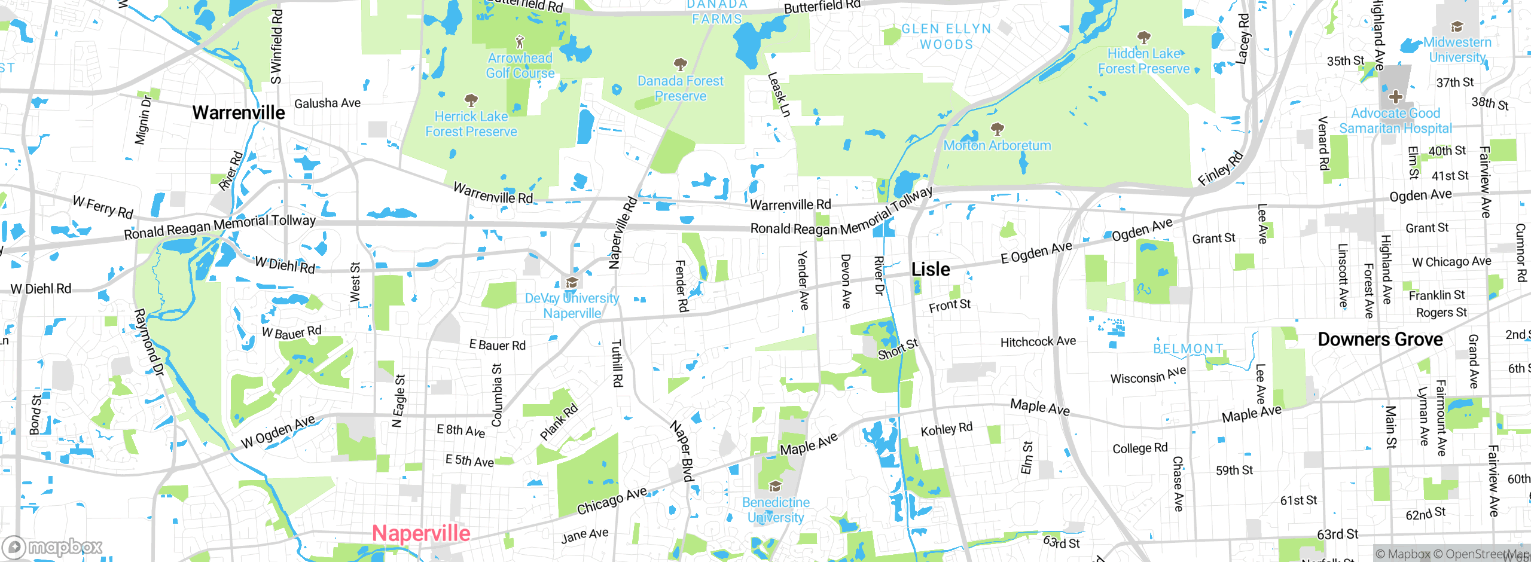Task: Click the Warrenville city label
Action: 239,112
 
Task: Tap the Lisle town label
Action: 931,270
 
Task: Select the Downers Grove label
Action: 1380,340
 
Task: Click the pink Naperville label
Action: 421,533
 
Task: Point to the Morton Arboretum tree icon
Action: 997,129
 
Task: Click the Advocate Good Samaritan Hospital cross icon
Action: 1396,96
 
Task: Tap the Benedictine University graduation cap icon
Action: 775,485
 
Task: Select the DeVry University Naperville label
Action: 572,306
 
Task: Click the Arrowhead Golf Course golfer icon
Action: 520,42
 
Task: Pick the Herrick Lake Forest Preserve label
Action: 471,124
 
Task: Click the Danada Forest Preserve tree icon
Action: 680,64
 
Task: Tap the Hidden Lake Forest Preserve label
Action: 1143,61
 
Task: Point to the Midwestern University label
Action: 1457,50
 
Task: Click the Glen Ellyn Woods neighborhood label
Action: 946,36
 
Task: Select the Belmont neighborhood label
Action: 1188,349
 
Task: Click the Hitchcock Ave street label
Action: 1038,341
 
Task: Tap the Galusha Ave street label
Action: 327,103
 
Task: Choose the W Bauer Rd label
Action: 291,332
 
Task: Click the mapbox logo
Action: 53,547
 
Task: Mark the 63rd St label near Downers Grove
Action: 1337,534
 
